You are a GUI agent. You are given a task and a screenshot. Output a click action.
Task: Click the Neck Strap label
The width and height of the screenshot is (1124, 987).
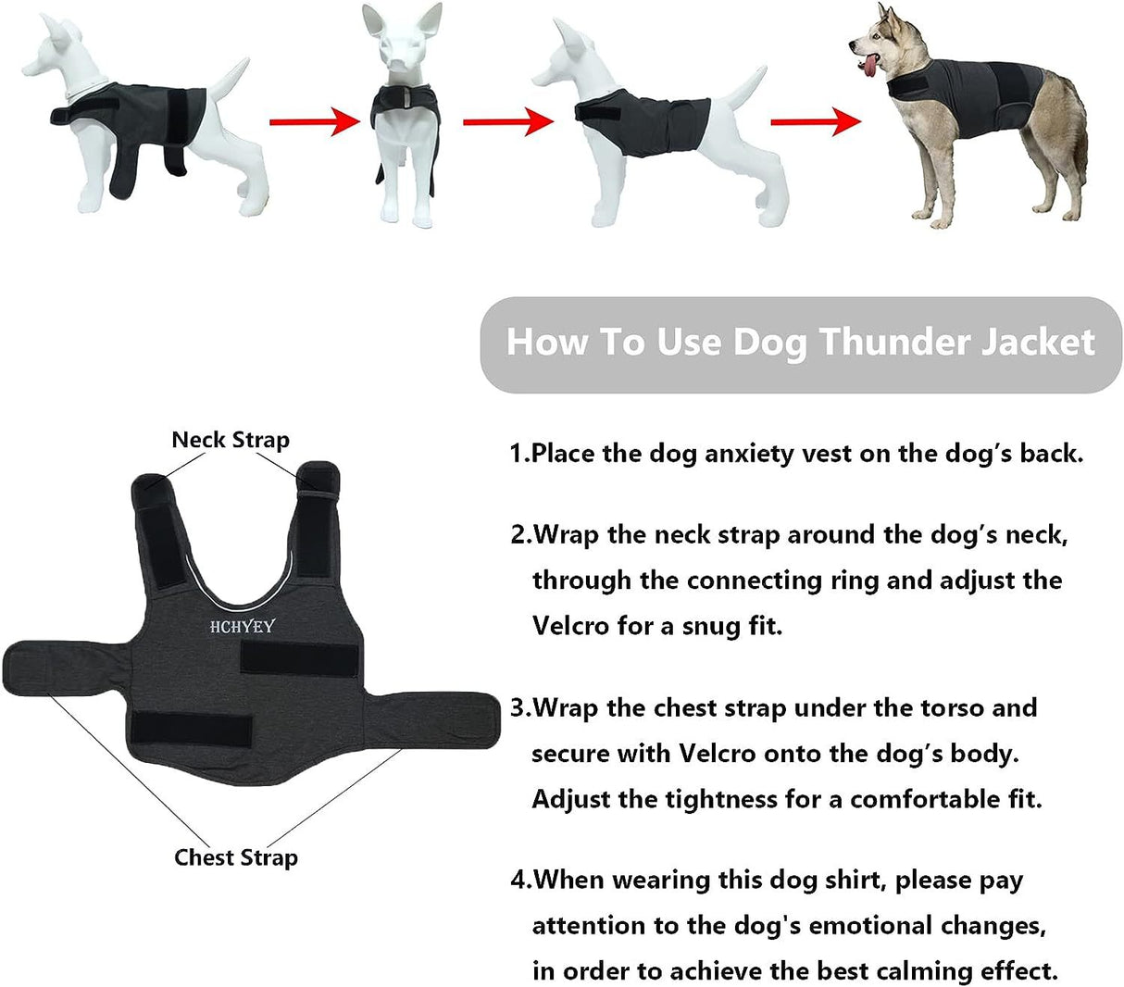pyautogui.click(x=231, y=440)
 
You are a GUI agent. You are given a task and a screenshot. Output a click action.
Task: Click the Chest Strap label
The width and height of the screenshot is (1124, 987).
pyautogui.click(x=236, y=857)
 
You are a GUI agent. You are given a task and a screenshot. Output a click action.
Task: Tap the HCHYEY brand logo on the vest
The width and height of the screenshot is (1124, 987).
pyautogui.click(x=242, y=627)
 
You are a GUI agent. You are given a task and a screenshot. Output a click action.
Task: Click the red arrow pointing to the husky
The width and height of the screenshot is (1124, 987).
pyautogui.click(x=816, y=120)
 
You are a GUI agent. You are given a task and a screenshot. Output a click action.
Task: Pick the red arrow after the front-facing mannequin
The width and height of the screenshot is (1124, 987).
pyautogui.click(x=507, y=121)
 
